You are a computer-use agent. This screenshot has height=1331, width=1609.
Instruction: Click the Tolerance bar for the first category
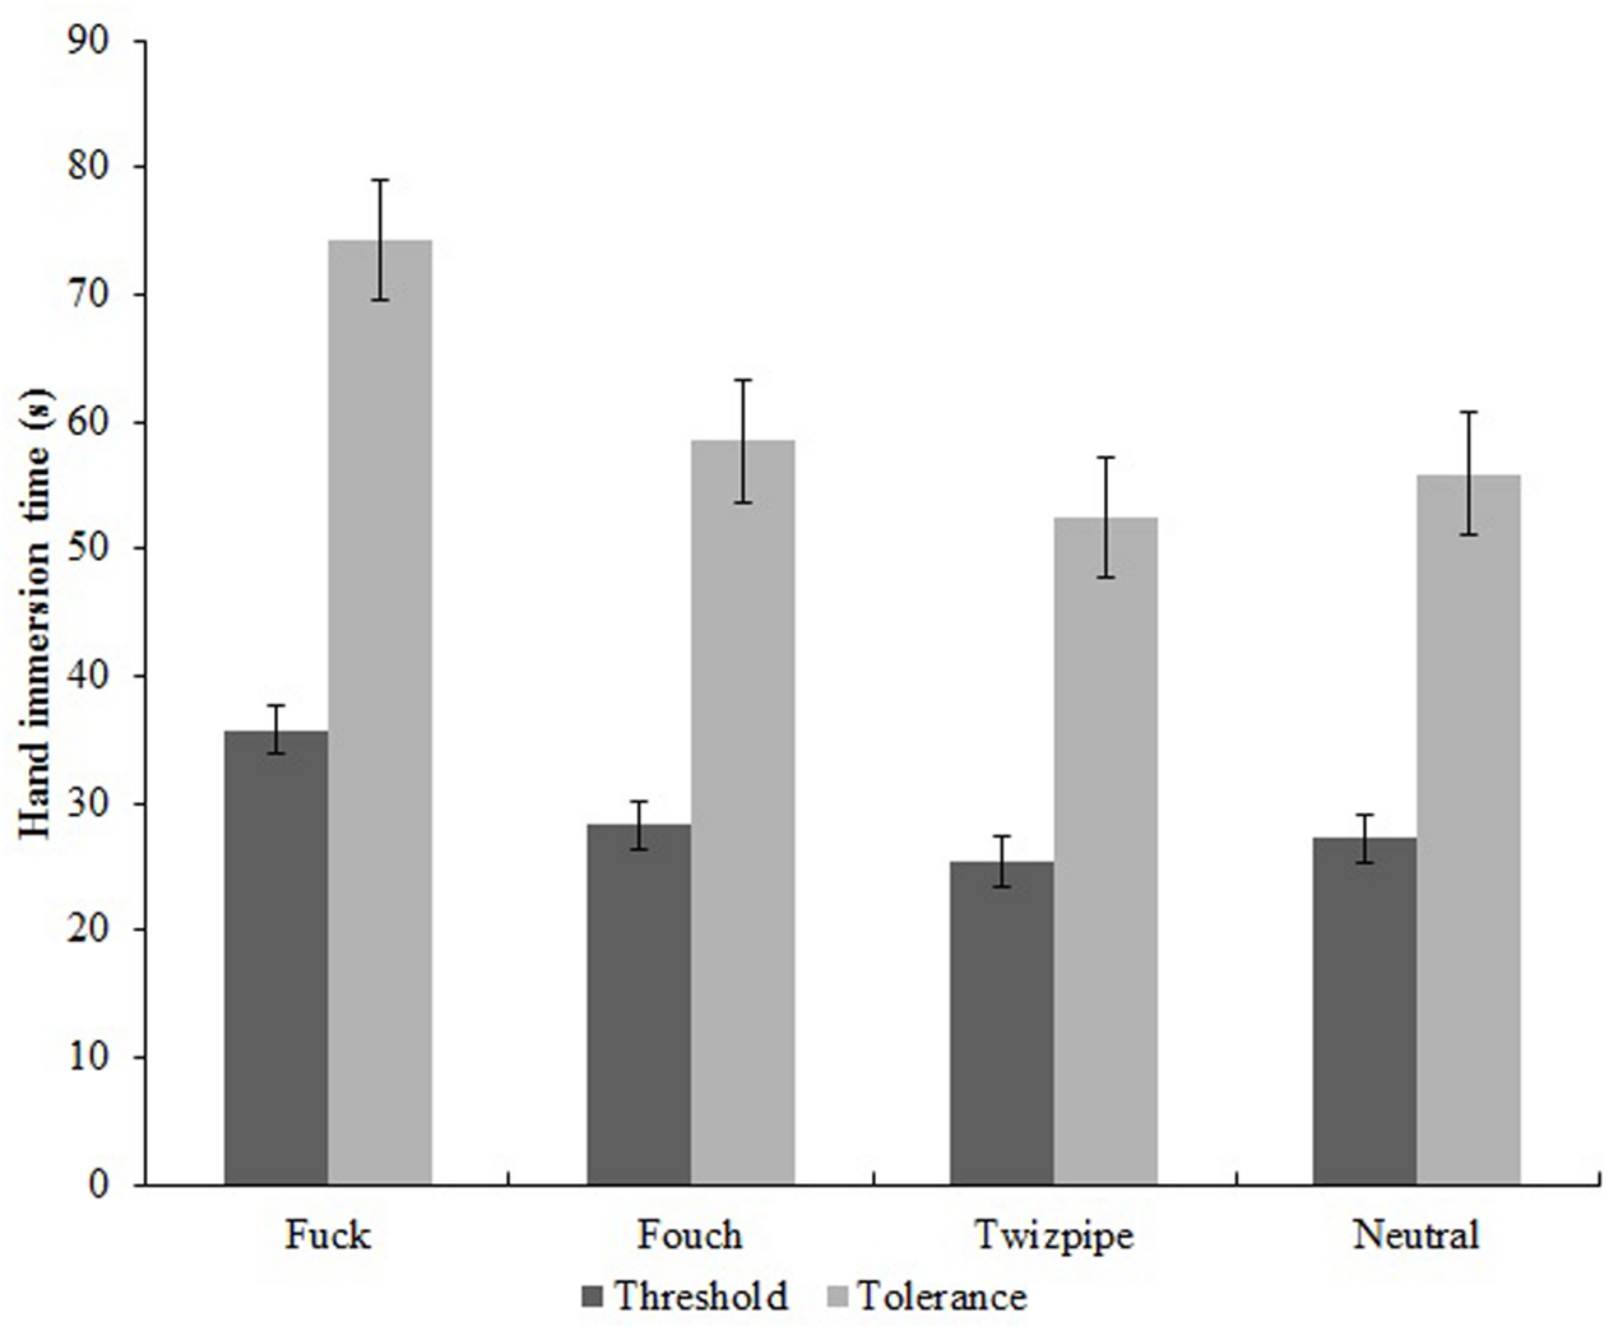pos(380,713)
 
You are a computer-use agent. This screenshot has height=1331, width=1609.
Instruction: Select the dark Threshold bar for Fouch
pos(639,1004)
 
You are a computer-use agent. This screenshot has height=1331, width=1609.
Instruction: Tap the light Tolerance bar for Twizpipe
pos(1105,851)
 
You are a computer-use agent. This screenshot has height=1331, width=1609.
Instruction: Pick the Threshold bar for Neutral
pos(1364,1012)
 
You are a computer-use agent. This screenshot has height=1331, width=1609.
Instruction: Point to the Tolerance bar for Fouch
pos(742,812)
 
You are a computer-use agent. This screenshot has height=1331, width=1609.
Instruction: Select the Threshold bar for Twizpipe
pos(1002,1023)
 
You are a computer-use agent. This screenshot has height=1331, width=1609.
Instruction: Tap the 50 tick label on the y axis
pos(88,549)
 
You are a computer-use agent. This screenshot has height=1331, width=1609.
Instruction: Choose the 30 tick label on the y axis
pos(88,804)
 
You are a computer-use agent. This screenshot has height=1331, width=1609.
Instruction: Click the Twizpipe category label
pos(1054,1235)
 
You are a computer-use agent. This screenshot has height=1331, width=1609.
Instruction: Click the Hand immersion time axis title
pos(35,613)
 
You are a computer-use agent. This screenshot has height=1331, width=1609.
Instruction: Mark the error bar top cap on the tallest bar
pos(380,180)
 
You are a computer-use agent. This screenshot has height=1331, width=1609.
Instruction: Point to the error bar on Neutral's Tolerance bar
pos(1468,472)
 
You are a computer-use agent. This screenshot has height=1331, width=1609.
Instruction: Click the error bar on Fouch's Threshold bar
pos(639,825)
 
